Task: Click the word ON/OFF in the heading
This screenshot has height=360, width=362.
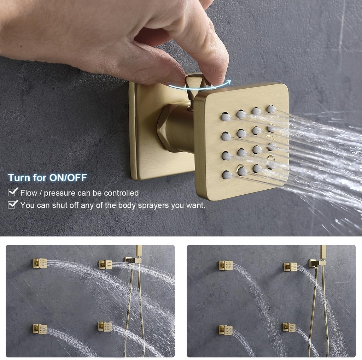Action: [x=68, y=178]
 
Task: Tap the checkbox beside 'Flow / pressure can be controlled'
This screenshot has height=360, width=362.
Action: [x=13, y=192]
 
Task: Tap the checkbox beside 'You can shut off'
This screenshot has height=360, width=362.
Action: [x=13, y=204]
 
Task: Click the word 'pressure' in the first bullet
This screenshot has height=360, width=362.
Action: [x=59, y=193]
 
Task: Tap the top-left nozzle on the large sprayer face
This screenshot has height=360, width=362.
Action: [x=226, y=117]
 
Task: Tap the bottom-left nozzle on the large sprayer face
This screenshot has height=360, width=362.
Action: [x=227, y=175]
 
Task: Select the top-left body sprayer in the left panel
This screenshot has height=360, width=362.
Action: [x=40, y=263]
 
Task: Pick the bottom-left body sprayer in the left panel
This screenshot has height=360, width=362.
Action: [x=40, y=329]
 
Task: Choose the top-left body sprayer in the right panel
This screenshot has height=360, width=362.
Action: [x=226, y=265]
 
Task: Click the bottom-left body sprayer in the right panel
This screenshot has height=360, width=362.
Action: [x=226, y=330]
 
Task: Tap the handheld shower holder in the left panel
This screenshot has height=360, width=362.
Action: [x=134, y=260]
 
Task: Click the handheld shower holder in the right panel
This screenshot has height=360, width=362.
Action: [x=317, y=263]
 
